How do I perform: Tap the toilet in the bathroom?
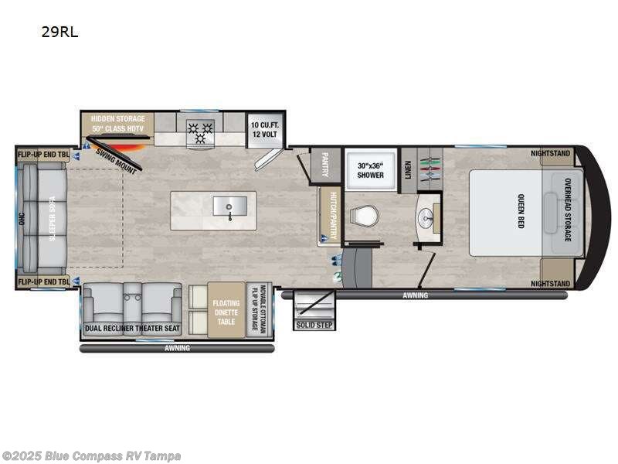(x=364, y=217)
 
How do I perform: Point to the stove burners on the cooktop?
(x=200, y=132)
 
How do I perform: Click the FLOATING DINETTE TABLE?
(x=226, y=310)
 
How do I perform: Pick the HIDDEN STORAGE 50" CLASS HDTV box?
(x=118, y=124)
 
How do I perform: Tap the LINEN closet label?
(x=408, y=169)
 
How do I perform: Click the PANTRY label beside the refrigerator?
(x=325, y=164)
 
